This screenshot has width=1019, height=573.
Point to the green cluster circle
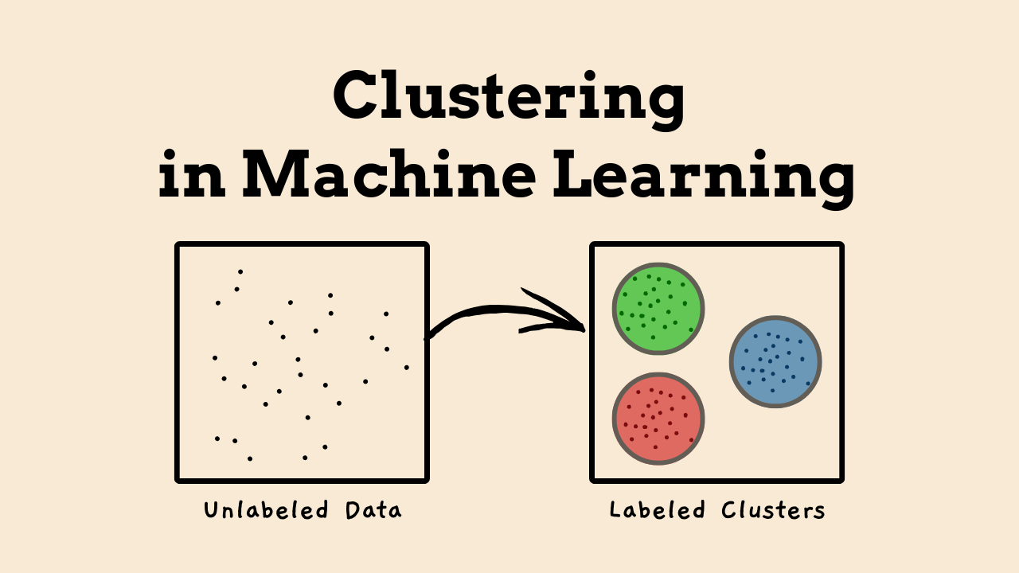pyautogui.click(x=658, y=309)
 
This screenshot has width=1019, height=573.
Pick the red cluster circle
pyautogui.click(x=658, y=419)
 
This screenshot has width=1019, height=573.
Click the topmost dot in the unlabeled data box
pyautogui.click(x=240, y=272)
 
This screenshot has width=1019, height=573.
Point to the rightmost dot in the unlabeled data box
pyautogui.click(x=407, y=368)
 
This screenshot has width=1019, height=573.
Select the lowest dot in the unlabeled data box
pyautogui.click(x=250, y=458)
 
